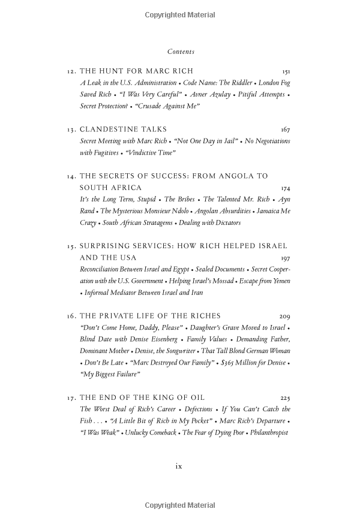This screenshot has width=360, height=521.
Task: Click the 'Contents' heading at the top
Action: [x=181, y=52]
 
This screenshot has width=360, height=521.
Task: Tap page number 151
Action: [x=286, y=71]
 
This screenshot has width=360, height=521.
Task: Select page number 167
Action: [x=285, y=130]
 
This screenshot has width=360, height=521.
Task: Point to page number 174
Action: [x=285, y=188]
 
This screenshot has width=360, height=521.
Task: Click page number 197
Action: [x=285, y=258]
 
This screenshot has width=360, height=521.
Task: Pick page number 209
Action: [x=285, y=316]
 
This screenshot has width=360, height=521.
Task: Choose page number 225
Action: [x=285, y=397]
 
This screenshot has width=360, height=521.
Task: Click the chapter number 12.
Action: [x=71, y=71]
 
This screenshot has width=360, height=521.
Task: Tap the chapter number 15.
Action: [x=71, y=246]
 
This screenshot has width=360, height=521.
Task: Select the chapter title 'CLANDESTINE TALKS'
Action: [x=124, y=130]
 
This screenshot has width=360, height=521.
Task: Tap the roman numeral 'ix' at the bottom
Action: [x=178, y=466]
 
